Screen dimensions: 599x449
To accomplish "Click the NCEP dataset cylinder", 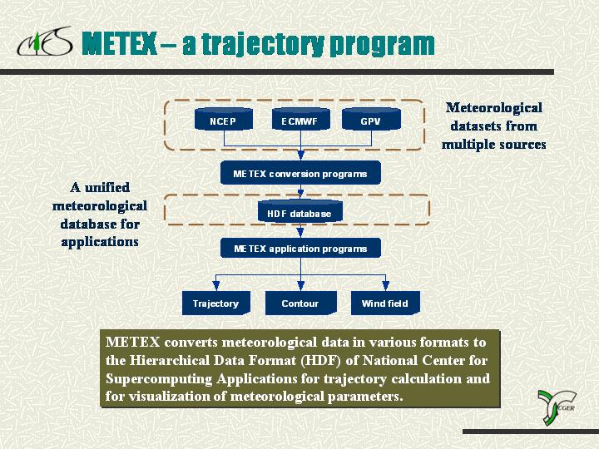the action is (x=224, y=119).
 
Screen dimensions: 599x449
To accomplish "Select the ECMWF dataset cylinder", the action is (x=300, y=119).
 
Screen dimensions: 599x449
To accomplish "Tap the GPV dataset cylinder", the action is (x=371, y=119).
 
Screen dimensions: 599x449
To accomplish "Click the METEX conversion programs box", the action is (x=300, y=173).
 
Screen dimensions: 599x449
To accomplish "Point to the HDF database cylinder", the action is (x=299, y=210).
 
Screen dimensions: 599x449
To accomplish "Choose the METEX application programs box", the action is (x=300, y=248).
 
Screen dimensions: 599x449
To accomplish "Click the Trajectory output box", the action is (x=216, y=303).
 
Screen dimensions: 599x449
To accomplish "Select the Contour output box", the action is (x=300, y=303).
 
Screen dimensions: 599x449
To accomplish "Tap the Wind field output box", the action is (x=385, y=303).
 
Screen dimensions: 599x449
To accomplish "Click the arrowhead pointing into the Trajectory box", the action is (x=216, y=286).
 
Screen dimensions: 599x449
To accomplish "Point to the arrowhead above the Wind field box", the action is (x=386, y=286).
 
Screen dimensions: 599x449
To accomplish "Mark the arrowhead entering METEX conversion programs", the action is (x=300, y=155).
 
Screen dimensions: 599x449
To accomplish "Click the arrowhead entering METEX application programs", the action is (x=300, y=233).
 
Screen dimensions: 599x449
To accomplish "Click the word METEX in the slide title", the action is (x=119, y=43).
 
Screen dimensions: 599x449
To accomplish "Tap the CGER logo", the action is (x=557, y=407).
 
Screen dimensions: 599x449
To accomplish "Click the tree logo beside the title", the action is (x=44, y=42).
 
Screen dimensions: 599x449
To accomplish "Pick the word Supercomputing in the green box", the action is (x=159, y=379).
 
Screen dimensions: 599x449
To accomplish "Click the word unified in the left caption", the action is (x=107, y=187).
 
